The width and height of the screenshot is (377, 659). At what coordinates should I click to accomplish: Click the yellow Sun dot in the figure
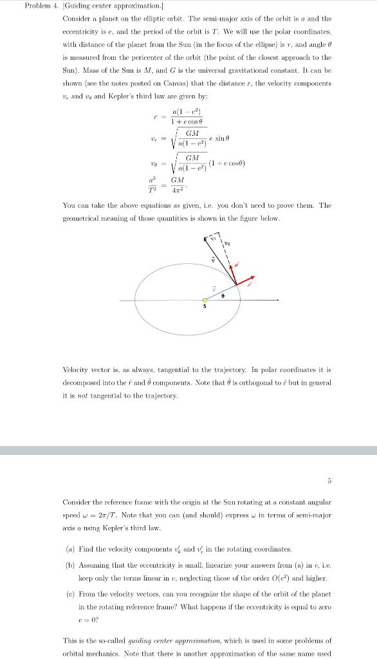tap(205, 300)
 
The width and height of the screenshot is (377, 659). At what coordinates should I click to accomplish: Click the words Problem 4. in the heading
tap(40, 6)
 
